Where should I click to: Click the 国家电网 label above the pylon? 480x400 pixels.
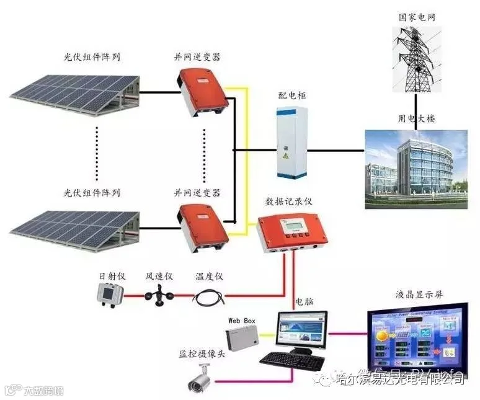(416, 17)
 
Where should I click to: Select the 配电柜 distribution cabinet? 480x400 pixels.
(291, 141)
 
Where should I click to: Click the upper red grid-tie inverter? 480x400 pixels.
(200, 92)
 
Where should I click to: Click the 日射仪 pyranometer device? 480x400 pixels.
(110, 293)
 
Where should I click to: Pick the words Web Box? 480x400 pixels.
(242, 319)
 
